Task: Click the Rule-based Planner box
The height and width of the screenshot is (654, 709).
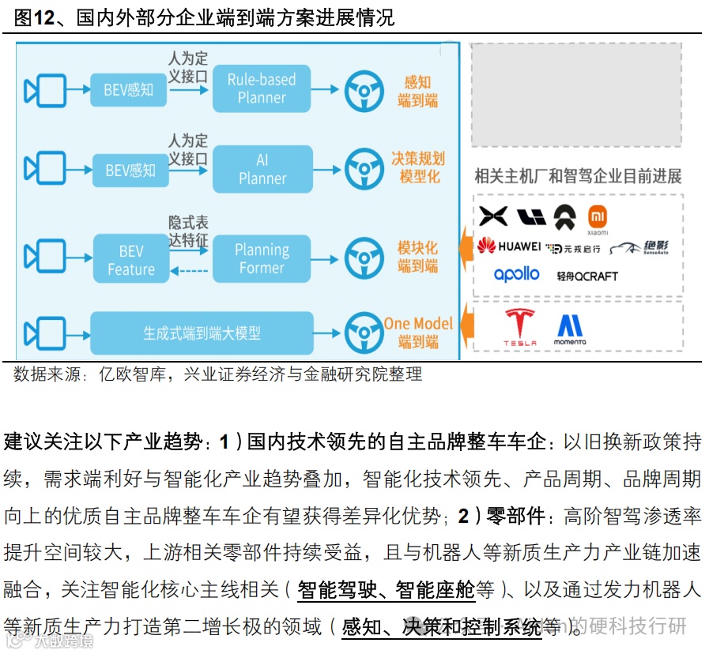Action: click(262, 88)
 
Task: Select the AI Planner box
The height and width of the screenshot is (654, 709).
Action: click(262, 169)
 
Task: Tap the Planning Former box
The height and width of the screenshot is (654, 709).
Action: click(262, 259)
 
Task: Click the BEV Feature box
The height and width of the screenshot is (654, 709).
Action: click(131, 260)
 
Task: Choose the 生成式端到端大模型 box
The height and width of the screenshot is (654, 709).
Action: click(202, 333)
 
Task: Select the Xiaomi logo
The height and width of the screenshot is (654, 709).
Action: click(598, 220)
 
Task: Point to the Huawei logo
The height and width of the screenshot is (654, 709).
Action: click(509, 246)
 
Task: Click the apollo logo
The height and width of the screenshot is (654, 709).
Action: click(516, 275)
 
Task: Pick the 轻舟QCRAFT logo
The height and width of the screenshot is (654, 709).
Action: click(586, 276)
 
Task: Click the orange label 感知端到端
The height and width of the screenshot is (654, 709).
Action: click(417, 91)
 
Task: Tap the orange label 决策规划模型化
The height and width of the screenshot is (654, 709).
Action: click(418, 167)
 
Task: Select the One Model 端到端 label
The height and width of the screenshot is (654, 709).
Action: click(418, 333)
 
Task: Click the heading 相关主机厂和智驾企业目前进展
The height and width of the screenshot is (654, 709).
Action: click(577, 176)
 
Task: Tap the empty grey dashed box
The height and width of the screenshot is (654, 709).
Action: click(576, 94)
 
